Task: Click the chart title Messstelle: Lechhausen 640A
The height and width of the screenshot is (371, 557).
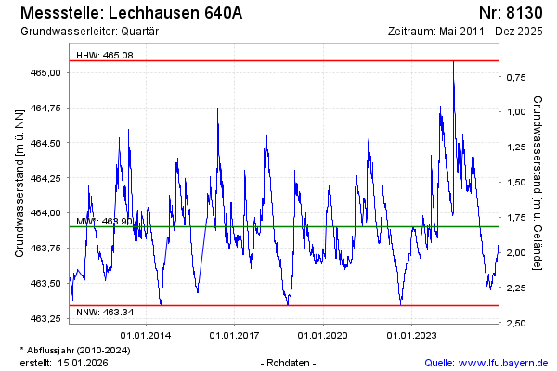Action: coord(131,13)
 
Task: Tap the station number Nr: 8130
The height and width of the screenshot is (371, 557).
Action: coord(513,13)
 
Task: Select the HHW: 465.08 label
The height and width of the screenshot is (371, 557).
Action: coord(105,55)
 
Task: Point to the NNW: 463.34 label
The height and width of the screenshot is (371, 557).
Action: coord(105,312)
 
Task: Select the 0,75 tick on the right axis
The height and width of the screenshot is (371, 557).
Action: coord(517,77)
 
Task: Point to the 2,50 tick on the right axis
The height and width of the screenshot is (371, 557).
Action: coord(517,323)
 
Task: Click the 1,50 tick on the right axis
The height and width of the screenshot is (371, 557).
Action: coord(517,183)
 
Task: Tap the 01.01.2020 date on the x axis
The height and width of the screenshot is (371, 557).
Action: coord(325,335)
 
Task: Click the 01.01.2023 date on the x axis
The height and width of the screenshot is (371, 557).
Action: coord(412,335)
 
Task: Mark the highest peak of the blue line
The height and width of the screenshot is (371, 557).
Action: coord(453,62)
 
